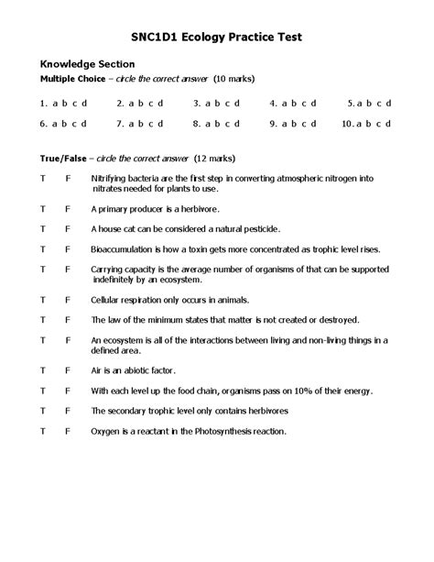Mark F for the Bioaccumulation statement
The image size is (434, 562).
point(68,248)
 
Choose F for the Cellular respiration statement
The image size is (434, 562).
point(68,299)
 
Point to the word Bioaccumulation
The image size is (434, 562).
point(123,248)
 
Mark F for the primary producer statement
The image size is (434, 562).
point(68,208)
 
